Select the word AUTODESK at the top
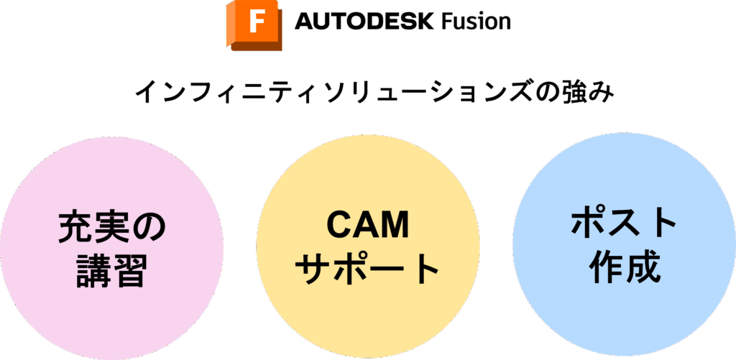click(365, 22)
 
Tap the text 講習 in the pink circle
click(111, 272)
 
